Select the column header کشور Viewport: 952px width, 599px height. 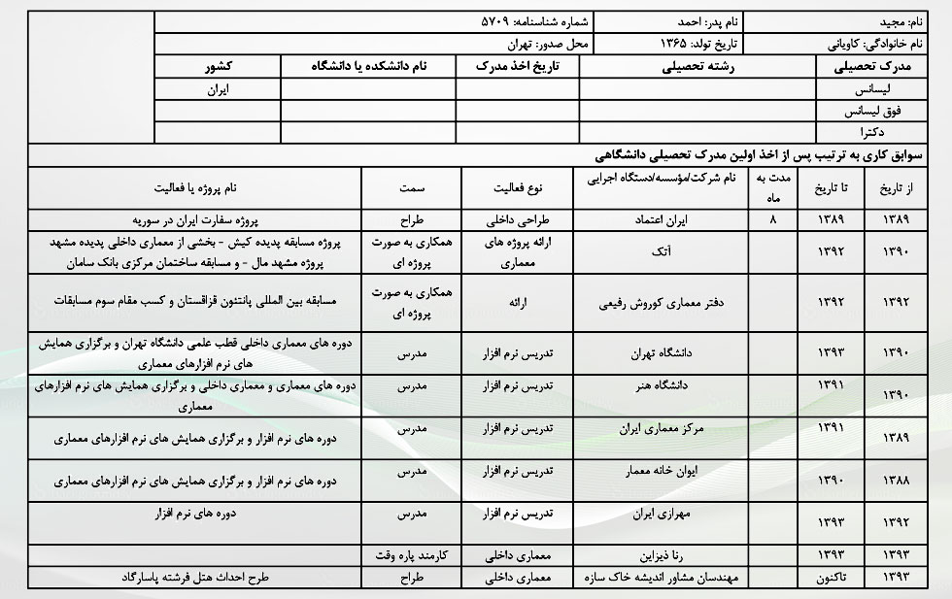click(x=218, y=67)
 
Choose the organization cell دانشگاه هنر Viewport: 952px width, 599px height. click(x=664, y=385)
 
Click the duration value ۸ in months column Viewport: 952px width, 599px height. click(x=773, y=219)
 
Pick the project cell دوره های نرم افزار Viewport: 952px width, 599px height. click(x=199, y=512)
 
